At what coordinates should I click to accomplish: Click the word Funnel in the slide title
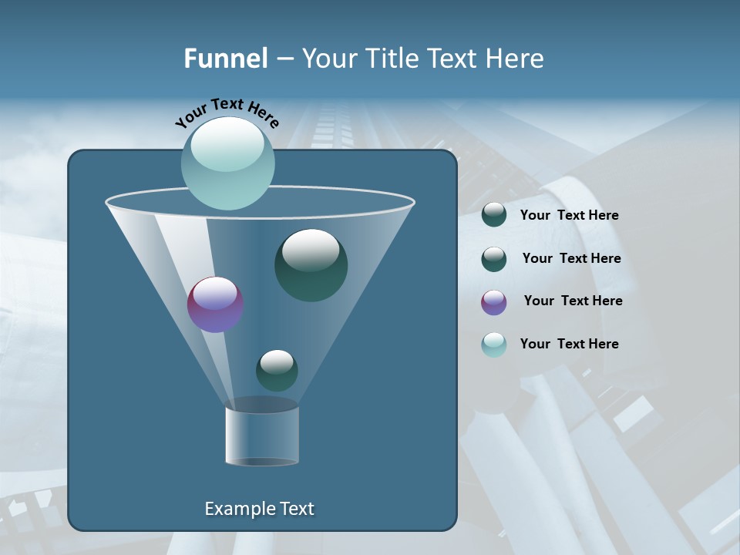coord(225,59)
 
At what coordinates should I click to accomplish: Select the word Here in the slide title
coord(515,59)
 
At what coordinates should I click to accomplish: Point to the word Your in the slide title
coord(330,59)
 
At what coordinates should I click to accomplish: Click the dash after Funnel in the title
coord(284,59)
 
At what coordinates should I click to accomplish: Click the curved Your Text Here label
coord(227,113)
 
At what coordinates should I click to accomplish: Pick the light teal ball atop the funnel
coord(227,164)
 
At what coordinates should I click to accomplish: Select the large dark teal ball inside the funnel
coord(311,265)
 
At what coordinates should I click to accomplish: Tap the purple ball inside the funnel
coord(215,305)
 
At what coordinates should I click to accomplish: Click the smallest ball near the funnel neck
coord(277,370)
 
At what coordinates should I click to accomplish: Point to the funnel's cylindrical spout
coord(262,436)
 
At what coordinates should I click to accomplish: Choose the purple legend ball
coord(494,302)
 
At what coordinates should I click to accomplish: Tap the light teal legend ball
coord(494,345)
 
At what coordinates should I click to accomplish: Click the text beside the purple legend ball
coord(573,301)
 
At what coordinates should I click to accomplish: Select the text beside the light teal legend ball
coord(569,344)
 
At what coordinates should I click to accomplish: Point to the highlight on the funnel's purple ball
coord(215,293)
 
